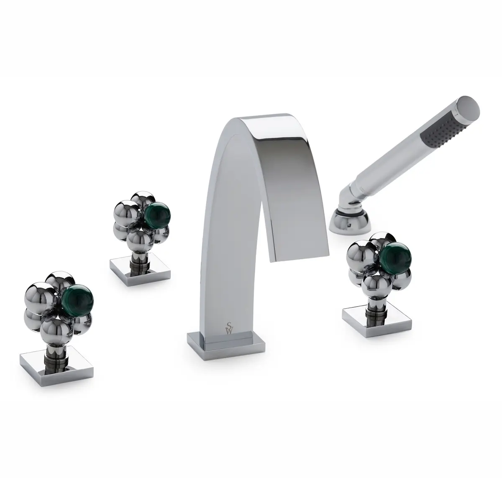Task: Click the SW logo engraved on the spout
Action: coord(230,328)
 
